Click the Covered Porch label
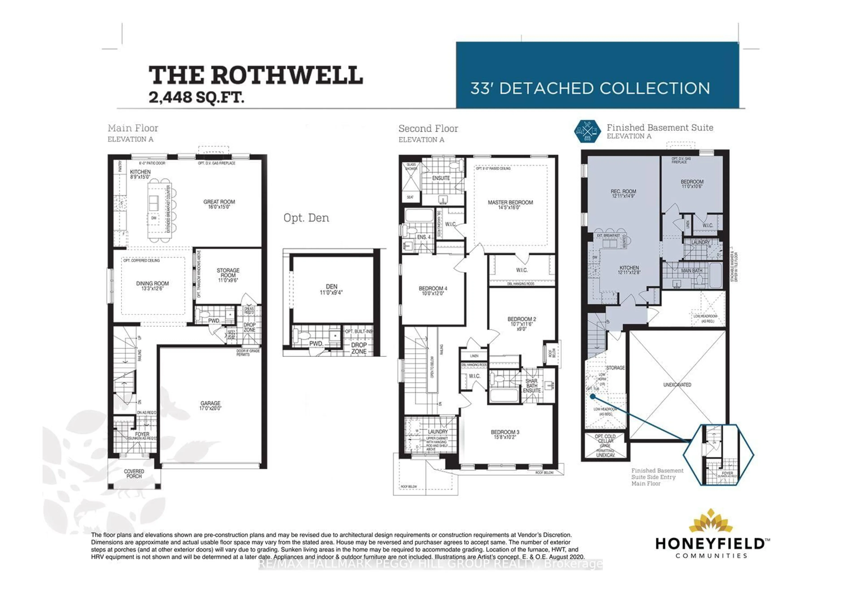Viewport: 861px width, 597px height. (134, 474)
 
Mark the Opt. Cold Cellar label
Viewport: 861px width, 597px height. (605, 438)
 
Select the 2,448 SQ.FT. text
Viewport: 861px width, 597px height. (196, 98)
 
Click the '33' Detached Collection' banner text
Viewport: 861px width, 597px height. (590, 89)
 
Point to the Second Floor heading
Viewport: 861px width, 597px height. (428, 129)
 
